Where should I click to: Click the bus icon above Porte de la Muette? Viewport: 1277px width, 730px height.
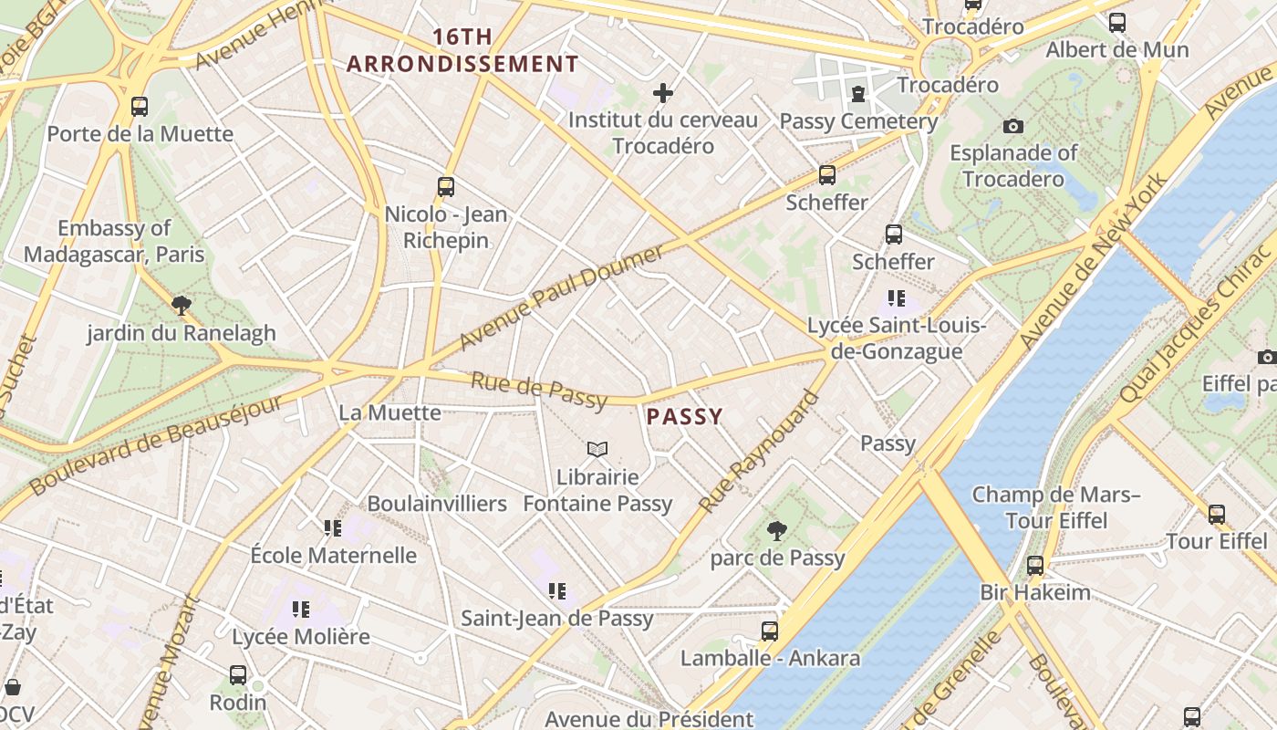point(140,107)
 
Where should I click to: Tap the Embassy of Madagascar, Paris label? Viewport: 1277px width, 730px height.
point(114,241)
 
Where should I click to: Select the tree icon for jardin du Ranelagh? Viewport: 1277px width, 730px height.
point(182,306)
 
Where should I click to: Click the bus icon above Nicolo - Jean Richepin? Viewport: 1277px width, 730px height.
point(446,187)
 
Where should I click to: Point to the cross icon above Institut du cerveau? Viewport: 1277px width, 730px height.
point(663,93)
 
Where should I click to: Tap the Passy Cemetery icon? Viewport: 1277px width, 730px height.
point(858,93)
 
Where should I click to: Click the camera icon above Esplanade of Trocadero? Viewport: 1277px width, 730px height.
point(1012,126)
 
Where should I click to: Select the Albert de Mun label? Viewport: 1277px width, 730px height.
point(1117,49)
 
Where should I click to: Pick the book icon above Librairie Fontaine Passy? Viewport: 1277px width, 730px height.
point(597,449)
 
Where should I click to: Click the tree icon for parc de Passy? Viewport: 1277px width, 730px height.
point(777,530)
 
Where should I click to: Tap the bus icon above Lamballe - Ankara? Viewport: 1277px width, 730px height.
point(770,631)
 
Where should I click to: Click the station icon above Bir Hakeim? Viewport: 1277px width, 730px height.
point(1034,565)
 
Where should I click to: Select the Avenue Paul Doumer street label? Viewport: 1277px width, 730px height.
point(561,297)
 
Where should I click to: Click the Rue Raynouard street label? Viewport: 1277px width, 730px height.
point(759,451)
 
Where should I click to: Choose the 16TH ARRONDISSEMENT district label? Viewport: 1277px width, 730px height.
point(462,50)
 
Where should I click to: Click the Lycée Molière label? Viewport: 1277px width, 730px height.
point(301,636)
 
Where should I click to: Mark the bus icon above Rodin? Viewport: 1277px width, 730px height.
point(238,675)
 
